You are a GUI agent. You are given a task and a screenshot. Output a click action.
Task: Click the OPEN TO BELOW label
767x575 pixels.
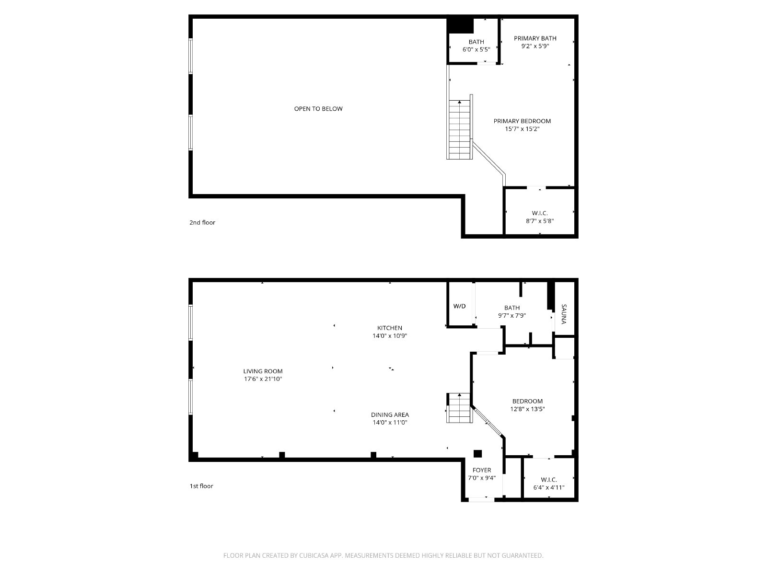coord(318,109)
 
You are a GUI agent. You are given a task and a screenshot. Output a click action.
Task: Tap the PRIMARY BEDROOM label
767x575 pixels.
coord(522,121)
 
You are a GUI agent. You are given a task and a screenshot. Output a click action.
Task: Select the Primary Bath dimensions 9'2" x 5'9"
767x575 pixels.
coord(535,46)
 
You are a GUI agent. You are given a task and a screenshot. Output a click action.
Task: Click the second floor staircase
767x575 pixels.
coord(460,129)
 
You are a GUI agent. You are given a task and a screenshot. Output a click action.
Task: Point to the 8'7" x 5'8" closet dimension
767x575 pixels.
coord(539,220)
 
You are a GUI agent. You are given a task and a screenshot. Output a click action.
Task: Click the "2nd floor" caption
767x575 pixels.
coord(202,222)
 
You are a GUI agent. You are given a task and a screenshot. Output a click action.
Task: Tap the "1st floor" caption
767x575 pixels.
coord(201,486)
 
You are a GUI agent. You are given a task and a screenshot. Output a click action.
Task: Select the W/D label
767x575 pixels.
coord(460,306)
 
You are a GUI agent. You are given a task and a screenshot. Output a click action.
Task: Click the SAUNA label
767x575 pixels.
coord(564,314)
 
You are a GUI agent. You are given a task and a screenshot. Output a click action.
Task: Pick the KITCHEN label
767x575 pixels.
coord(390,328)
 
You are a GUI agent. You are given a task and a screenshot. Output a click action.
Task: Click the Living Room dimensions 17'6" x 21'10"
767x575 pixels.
coord(263,379)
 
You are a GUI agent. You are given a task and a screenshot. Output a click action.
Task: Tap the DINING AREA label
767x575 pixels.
coord(390,415)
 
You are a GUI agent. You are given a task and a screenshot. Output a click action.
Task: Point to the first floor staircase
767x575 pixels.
coord(460,408)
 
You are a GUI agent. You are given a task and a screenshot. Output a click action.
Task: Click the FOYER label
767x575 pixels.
coord(481,470)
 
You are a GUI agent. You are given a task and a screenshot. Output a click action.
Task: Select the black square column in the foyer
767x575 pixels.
coord(477,454)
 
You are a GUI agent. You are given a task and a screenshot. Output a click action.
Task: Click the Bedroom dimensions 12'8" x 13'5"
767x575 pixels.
coord(527,409)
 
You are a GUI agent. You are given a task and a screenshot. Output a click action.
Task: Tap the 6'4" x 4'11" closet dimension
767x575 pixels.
coord(548,487)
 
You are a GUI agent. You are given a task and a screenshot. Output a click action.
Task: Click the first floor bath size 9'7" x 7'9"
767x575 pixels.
coord(511,315)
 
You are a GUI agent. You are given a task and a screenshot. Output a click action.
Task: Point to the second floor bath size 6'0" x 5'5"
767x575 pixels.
coord(476,49)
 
